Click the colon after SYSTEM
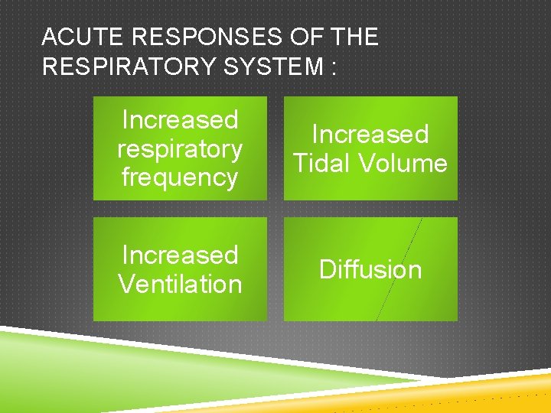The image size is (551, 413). point(333,68)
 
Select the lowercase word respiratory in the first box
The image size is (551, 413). point(180,149)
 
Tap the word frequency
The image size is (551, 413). point(180,177)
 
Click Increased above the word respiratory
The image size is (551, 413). point(180,120)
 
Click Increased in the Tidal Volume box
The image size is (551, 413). point(370,135)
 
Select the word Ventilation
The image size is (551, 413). point(180,284)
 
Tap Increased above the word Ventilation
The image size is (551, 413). point(180,255)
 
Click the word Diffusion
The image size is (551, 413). point(370,269)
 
